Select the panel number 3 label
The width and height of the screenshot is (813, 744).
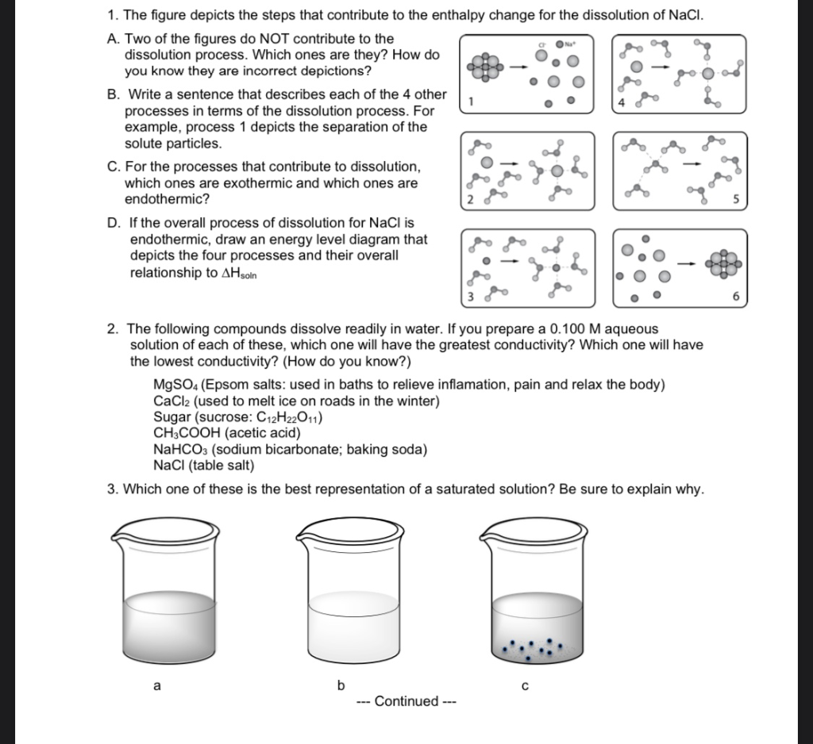pyautogui.click(x=470, y=297)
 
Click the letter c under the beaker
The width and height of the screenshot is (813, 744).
pyautogui.click(x=524, y=687)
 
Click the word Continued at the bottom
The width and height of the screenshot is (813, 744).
pyautogui.click(x=406, y=701)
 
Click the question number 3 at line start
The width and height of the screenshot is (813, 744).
pyautogui.click(x=113, y=489)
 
